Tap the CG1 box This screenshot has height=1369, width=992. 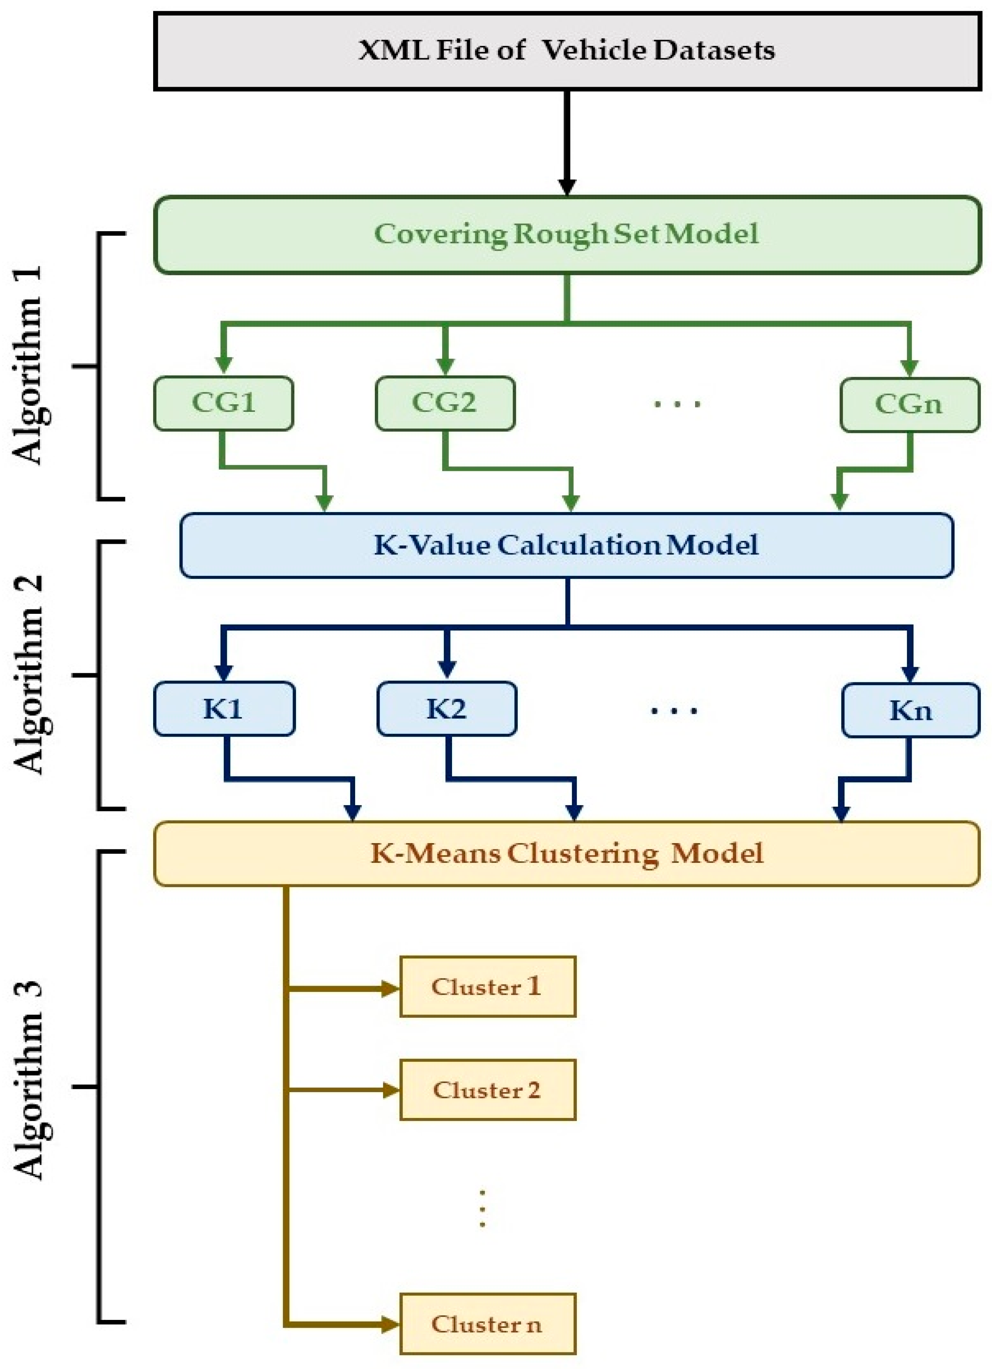point(223,403)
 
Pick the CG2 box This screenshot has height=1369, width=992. point(445,403)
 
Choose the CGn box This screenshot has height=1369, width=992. point(909,404)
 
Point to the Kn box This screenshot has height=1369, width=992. point(910,710)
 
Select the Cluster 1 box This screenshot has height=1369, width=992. point(488,987)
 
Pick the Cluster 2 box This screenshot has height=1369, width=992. point(488,1090)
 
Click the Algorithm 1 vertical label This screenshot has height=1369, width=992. point(29,365)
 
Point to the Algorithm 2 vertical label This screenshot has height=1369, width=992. point(29,674)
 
